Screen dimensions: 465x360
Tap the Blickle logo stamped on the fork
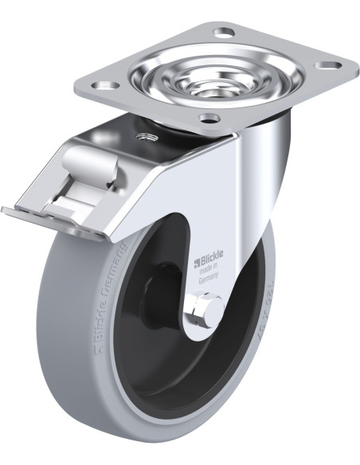point(211,260)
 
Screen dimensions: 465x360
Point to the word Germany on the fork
point(211,280)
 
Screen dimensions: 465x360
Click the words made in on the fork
point(211,271)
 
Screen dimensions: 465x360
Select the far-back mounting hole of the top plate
point(225,33)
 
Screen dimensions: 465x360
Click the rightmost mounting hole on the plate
point(327,65)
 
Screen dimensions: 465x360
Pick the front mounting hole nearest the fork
point(209,119)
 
